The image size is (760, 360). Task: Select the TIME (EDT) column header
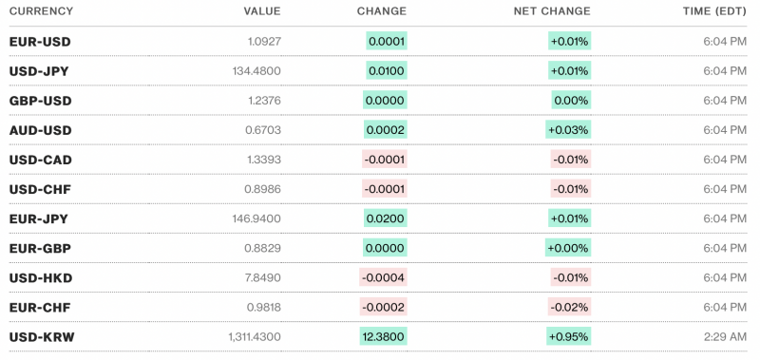coord(710,12)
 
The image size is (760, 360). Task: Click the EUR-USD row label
coord(40,43)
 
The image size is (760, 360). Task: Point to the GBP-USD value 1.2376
coord(263,101)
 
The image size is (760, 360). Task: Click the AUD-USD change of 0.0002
coord(386,130)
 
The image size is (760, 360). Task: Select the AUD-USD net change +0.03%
coord(569,130)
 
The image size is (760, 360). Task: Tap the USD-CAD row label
coord(40,160)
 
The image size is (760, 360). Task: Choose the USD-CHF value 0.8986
coord(263,189)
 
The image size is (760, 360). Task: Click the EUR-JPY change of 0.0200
coord(386,218)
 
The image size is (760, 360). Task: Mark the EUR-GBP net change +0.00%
coord(569,248)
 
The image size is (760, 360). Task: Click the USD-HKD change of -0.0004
coord(384,277)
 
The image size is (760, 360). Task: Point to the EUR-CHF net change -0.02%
coord(571,307)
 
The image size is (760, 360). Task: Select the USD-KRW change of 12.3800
coord(384,336)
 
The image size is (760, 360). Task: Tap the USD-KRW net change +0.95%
coord(569,336)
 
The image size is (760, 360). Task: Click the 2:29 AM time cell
coord(724,336)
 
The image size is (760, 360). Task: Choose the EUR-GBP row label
coord(40,248)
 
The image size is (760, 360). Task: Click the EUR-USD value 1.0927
coord(263,43)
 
